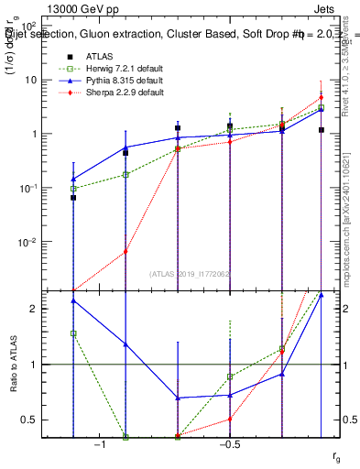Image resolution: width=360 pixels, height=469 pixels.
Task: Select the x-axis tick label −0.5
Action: coord(229,444)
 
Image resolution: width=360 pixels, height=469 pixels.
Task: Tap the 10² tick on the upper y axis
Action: coord(27,27)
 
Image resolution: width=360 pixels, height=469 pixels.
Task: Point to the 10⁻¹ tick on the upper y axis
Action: coord(27,188)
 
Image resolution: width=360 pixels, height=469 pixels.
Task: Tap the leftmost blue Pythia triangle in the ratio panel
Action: coord(73,300)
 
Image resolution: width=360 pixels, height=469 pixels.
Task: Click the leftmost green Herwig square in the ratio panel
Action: coord(73,333)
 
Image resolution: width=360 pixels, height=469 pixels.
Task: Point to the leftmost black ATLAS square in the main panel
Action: coord(73,198)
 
